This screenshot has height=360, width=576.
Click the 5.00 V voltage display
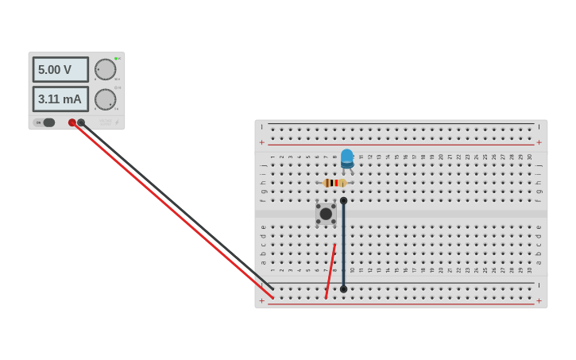tap(60, 70)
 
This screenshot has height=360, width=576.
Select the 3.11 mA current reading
tap(60, 99)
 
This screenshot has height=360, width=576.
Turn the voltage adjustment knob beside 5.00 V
tap(105, 69)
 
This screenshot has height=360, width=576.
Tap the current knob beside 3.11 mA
tap(105, 99)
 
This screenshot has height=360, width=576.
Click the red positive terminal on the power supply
tap(72, 122)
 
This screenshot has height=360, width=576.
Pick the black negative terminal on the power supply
tap(81, 122)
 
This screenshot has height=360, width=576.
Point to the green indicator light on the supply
tap(116, 58)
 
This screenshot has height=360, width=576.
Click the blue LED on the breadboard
tap(347, 157)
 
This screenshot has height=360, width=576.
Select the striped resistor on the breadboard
tap(334, 183)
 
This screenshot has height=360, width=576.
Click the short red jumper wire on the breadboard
tap(331, 271)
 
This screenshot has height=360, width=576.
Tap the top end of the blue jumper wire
tap(343, 201)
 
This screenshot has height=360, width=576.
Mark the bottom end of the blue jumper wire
tap(343, 289)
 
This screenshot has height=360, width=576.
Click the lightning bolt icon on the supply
tap(117, 123)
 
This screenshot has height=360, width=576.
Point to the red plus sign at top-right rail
tap(539, 142)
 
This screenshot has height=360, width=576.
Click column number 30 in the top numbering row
tap(529, 157)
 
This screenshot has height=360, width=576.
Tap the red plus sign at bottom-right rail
tap(539, 301)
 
